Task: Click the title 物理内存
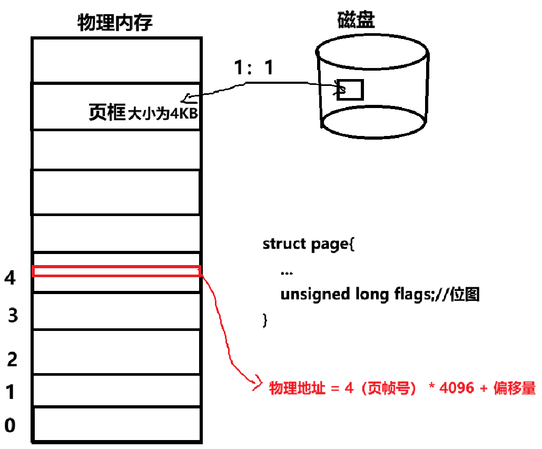pyautogui.click(x=115, y=23)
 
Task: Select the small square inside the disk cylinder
pyautogui.click(x=350, y=90)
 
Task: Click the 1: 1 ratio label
pyautogui.click(x=254, y=68)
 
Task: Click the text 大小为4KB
pyautogui.click(x=163, y=114)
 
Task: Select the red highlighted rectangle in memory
pyautogui.click(x=116, y=271)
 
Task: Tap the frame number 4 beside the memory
pyautogui.click(x=9, y=278)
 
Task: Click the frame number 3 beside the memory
pyautogui.click(x=13, y=316)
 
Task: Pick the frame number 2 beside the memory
pyautogui.click(x=12, y=360)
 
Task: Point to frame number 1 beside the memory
pyautogui.click(x=10, y=392)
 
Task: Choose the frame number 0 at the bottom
pyautogui.click(x=10, y=425)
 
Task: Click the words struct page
pyautogui.click(x=306, y=245)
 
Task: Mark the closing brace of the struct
pyautogui.click(x=265, y=320)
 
